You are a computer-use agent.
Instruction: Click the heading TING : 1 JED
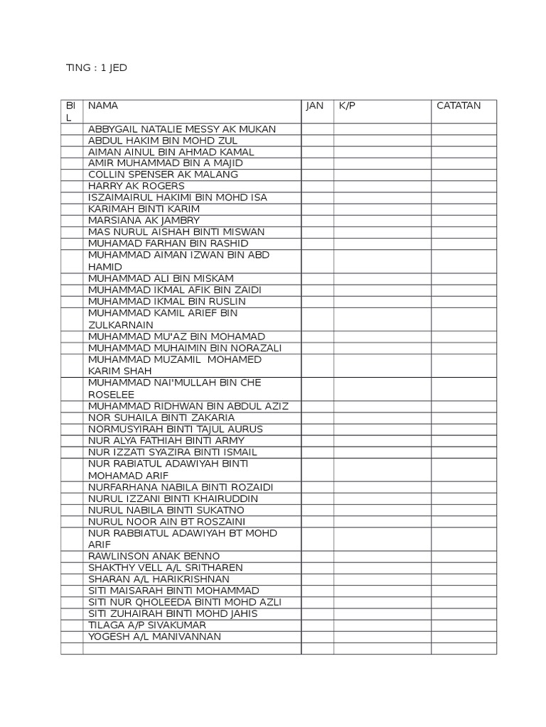pyautogui.click(x=96, y=68)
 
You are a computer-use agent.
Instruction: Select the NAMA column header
pyautogui.click(x=103, y=106)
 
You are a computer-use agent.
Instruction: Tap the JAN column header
pyautogui.click(x=314, y=106)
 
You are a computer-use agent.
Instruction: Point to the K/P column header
pyautogui.click(x=347, y=106)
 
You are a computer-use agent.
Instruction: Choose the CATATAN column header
pyautogui.click(x=458, y=106)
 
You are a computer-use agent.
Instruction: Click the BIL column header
pyautogui.click(x=71, y=111)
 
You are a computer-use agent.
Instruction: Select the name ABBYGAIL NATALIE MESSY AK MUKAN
pyautogui.click(x=182, y=129)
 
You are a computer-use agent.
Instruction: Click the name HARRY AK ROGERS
pyautogui.click(x=136, y=186)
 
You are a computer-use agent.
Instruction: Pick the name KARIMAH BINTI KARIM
pyautogui.click(x=144, y=209)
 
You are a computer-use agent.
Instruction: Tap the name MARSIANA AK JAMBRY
pyautogui.click(x=144, y=220)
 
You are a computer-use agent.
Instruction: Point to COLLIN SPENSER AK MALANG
pyautogui.click(x=163, y=175)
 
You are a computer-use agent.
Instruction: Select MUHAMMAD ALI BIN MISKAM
pyautogui.click(x=161, y=278)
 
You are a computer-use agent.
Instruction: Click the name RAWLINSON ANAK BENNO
pyautogui.click(x=154, y=556)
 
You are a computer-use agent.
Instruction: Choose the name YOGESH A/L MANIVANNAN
pyautogui.click(x=154, y=637)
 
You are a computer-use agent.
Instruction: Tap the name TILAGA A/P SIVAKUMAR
pyautogui.click(x=147, y=625)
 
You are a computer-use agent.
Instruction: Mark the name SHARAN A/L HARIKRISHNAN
pyautogui.click(x=159, y=579)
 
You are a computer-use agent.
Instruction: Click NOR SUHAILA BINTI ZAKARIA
pyautogui.click(x=161, y=417)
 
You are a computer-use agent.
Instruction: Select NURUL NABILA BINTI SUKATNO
pyautogui.click(x=166, y=510)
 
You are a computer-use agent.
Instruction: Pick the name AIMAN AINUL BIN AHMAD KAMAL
pyautogui.click(x=171, y=152)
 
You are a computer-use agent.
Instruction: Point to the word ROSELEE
pyautogui.click(x=111, y=395)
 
